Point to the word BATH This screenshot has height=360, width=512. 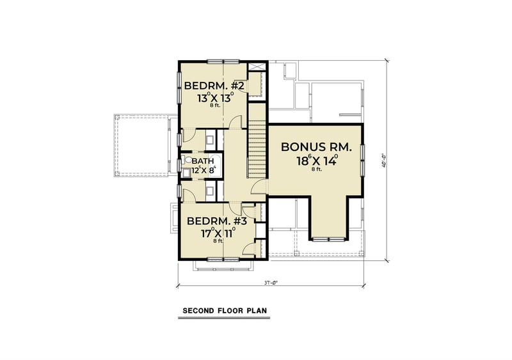pos(203,161)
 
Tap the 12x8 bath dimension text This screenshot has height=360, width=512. pos(204,171)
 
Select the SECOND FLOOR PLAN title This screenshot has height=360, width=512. pos(225,311)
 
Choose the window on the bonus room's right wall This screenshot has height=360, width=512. pos(362,159)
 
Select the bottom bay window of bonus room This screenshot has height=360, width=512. pos(330,238)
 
